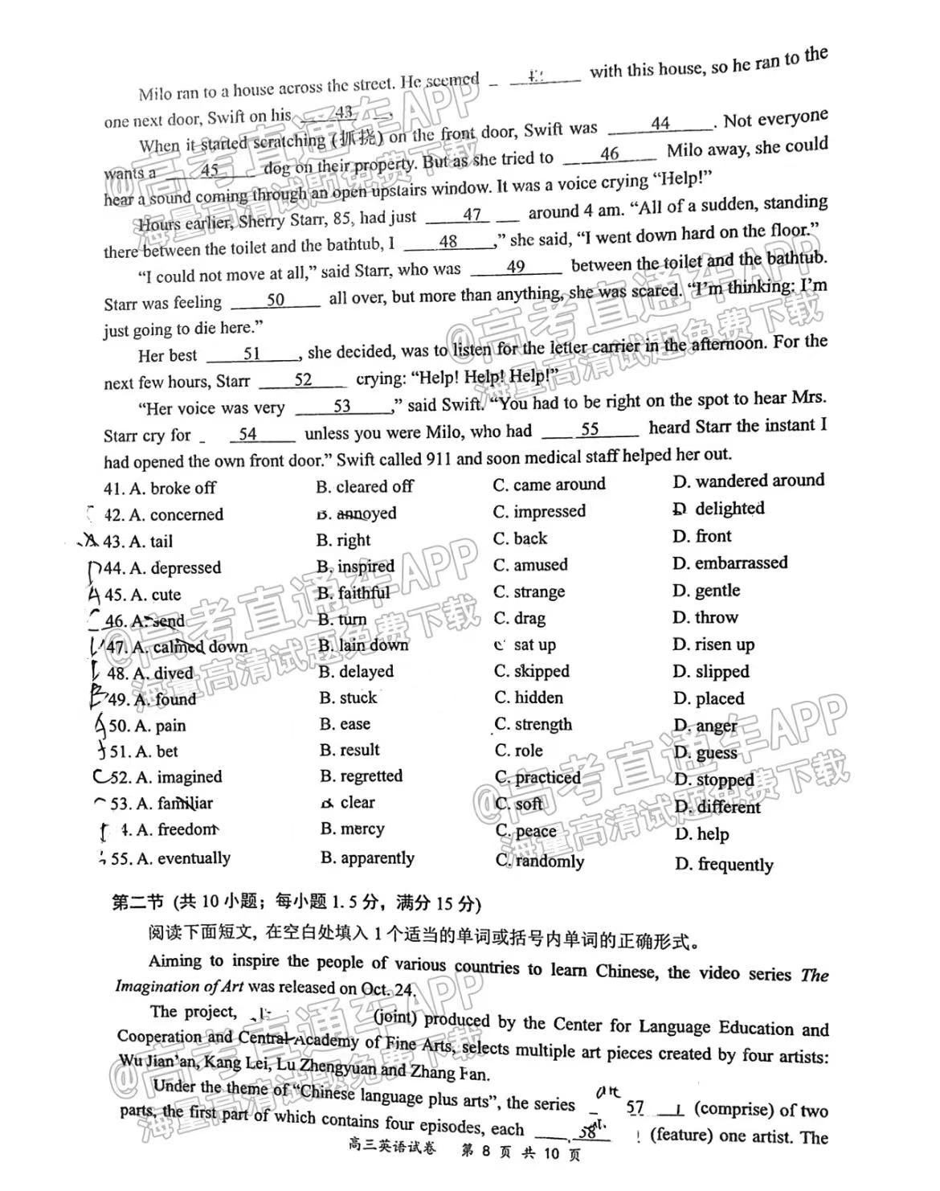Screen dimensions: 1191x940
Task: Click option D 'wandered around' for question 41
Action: (x=748, y=481)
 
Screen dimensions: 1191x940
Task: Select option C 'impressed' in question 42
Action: (x=539, y=511)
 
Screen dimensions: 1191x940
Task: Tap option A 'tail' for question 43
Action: (x=151, y=541)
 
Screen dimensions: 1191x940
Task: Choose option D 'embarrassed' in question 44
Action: (x=730, y=563)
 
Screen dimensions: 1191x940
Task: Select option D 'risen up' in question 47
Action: (x=713, y=645)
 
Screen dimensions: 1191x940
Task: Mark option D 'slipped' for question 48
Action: (x=710, y=671)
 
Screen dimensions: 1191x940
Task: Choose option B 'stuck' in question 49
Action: (x=348, y=698)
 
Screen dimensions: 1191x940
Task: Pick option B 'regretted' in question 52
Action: (x=361, y=776)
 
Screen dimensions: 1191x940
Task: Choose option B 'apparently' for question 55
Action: (x=367, y=857)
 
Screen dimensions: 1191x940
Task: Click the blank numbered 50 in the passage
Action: (x=276, y=300)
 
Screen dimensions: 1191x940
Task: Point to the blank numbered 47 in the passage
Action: (x=472, y=215)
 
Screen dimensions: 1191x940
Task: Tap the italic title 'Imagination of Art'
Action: (x=179, y=987)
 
